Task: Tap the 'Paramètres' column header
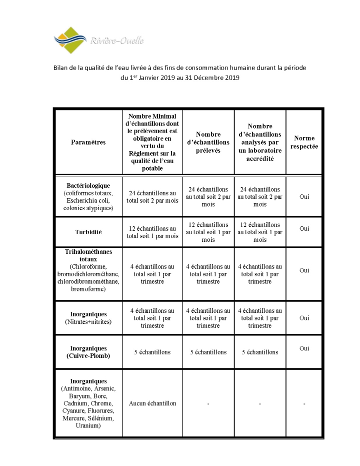(88, 142)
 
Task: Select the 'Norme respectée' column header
(304, 142)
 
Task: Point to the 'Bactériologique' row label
(88, 185)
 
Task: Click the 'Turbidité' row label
(88, 232)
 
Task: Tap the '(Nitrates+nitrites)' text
(88, 322)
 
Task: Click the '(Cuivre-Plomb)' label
(88, 356)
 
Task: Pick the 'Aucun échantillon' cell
(152, 403)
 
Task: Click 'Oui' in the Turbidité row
(304, 228)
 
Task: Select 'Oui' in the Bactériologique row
(304, 197)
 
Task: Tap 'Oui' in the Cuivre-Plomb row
(304, 348)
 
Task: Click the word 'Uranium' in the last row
(88, 425)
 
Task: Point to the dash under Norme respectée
(304, 403)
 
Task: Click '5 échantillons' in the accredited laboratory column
(259, 352)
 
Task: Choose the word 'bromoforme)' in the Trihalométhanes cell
(88, 289)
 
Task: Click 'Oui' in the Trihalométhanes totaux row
(304, 270)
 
